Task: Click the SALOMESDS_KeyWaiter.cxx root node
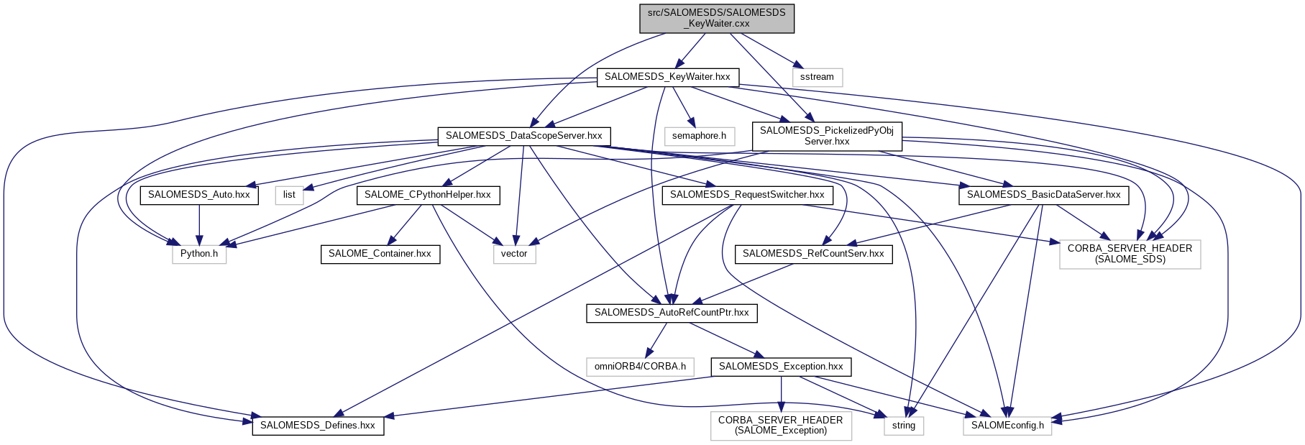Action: pyautogui.click(x=717, y=18)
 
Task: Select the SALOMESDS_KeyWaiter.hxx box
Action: pyautogui.click(x=667, y=77)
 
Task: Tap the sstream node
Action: pyautogui.click(x=817, y=77)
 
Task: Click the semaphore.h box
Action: pyautogui.click(x=699, y=136)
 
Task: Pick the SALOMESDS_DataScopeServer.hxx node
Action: pyautogui.click(x=524, y=136)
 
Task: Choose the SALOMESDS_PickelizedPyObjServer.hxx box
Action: pyautogui.click(x=827, y=136)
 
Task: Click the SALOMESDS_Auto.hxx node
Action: pyautogui.click(x=199, y=195)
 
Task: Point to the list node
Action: pyautogui.click(x=289, y=195)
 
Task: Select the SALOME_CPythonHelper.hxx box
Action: pyautogui.click(x=428, y=195)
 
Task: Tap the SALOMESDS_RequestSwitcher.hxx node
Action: pyautogui.click(x=747, y=195)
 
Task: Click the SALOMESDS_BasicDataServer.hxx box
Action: pyautogui.click(x=1043, y=195)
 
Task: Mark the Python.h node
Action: pyautogui.click(x=199, y=254)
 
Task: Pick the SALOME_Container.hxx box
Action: pyautogui.click(x=380, y=254)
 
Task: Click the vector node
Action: pyautogui.click(x=514, y=254)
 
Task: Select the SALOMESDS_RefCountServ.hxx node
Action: pyautogui.click(x=813, y=254)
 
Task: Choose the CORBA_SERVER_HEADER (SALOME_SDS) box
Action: pyautogui.click(x=1130, y=254)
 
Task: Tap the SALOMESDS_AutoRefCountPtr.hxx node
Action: pyautogui.click(x=672, y=313)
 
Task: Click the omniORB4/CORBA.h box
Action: pyautogui.click(x=640, y=367)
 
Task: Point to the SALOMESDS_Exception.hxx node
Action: pyautogui.click(x=781, y=367)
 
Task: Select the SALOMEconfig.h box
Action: pyautogui.click(x=1007, y=426)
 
